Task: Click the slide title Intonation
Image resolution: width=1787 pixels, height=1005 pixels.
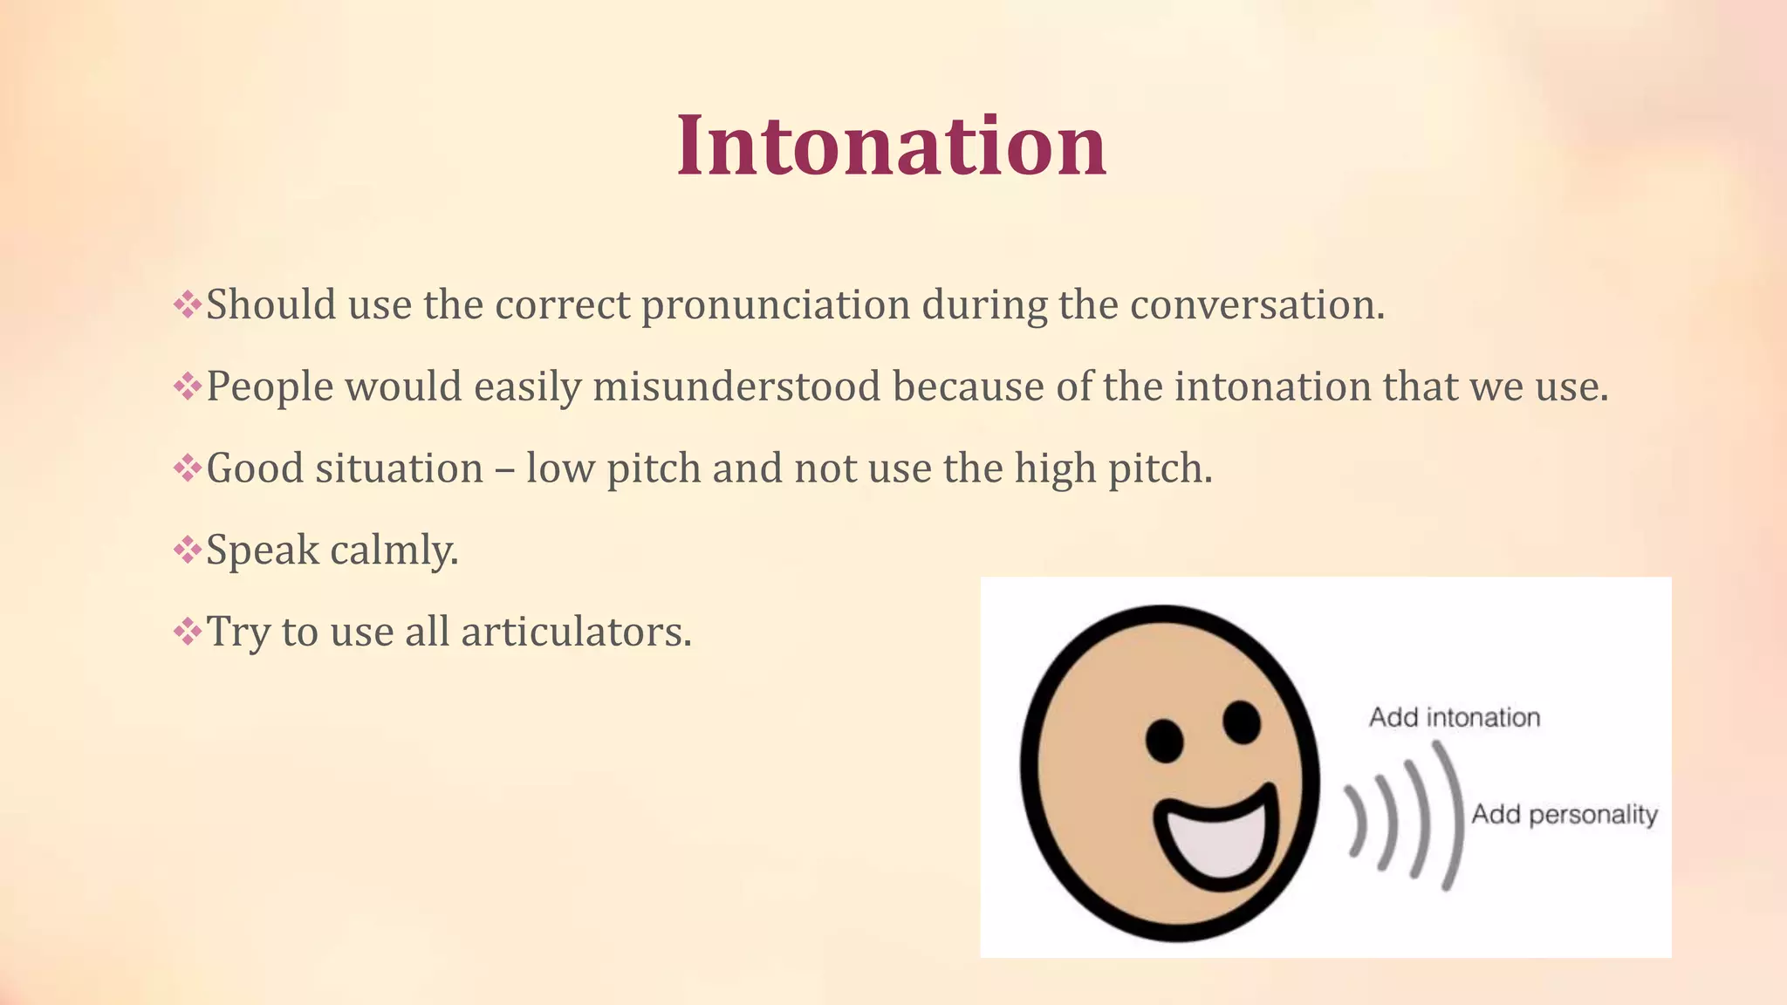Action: pos(892,145)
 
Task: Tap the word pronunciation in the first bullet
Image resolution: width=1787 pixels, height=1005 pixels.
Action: pos(776,305)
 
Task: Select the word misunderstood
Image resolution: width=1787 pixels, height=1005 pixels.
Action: pos(736,386)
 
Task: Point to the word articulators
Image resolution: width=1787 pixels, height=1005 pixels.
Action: pos(576,632)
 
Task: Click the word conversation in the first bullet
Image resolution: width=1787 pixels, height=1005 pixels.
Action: pos(1256,305)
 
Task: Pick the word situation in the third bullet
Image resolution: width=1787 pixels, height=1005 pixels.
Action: pos(399,468)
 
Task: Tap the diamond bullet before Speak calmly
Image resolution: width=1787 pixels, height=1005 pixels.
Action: pos(187,550)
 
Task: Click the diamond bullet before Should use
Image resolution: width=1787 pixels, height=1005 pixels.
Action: pos(187,305)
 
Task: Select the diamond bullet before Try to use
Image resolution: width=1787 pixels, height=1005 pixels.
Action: pos(187,632)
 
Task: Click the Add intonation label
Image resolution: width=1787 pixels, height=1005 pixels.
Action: pos(1455,717)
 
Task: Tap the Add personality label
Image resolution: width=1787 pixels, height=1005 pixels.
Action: pos(1564,814)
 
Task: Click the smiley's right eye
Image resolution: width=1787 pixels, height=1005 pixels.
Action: pos(1241,721)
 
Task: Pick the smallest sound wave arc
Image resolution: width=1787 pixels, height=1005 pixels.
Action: pos(1357,820)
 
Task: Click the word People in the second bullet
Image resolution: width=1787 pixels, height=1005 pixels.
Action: pos(270,386)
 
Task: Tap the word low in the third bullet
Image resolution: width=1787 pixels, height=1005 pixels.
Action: pos(560,468)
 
